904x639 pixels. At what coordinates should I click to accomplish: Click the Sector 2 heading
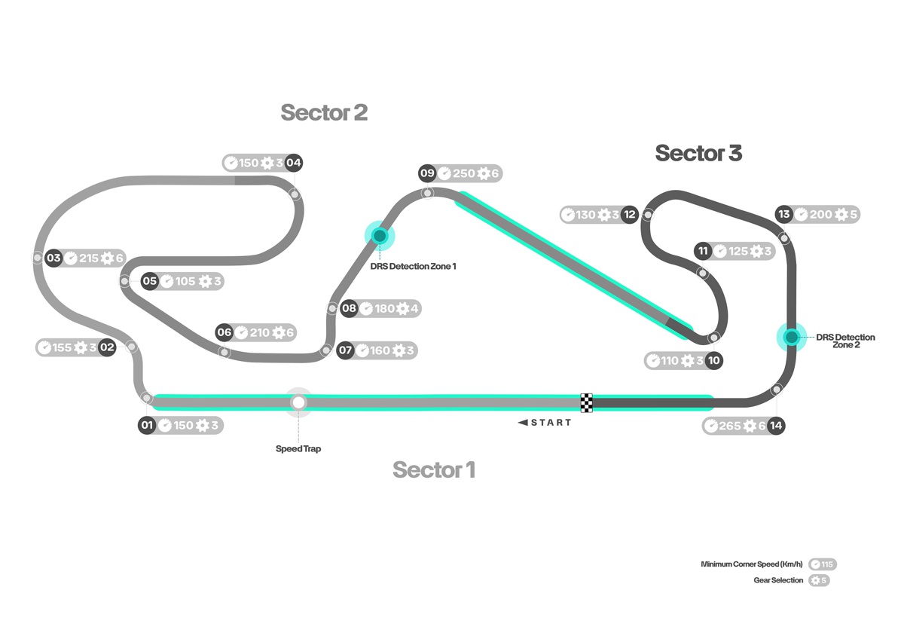click(x=324, y=112)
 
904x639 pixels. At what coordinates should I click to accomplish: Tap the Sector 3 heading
click(x=698, y=153)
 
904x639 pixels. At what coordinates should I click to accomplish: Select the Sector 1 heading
click(x=434, y=469)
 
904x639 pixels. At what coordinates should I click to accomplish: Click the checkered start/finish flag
click(x=586, y=403)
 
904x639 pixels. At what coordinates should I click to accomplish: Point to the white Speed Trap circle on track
click(x=298, y=402)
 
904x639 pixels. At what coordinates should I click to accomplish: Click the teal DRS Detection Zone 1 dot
click(x=380, y=235)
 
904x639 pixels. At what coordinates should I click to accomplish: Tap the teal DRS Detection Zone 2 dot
click(x=792, y=337)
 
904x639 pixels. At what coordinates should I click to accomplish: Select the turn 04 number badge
click(x=293, y=163)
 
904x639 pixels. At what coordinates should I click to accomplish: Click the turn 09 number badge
click(x=427, y=173)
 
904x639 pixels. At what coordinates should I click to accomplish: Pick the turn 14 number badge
click(x=776, y=426)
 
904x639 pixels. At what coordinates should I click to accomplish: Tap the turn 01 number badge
click(x=147, y=425)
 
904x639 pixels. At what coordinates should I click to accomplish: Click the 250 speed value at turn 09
click(x=464, y=173)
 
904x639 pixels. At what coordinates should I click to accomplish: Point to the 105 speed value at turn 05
click(x=185, y=281)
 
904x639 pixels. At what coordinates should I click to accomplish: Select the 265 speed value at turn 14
click(x=730, y=426)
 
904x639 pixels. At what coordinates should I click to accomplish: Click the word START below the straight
click(x=551, y=423)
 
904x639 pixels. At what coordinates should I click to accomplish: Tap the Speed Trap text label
click(x=298, y=448)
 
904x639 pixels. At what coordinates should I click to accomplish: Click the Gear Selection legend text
click(x=778, y=580)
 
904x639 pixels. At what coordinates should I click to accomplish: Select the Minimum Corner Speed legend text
click(x=752, y=564)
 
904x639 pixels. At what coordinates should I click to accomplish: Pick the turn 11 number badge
click(x=703, y=251)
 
